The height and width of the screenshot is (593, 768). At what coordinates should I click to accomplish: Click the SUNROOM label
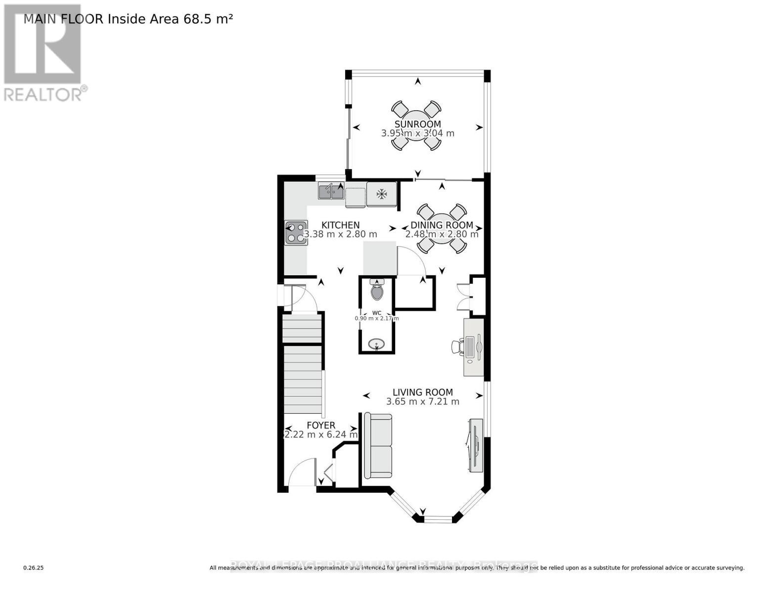tap(417, 124)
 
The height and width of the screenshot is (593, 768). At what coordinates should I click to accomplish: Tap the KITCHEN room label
tap(340, 225)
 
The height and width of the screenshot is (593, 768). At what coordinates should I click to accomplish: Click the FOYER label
tap(321, 425)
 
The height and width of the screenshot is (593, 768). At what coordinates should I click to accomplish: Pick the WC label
tap(377, 313)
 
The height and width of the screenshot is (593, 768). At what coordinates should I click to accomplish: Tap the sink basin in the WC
tap(377, 344)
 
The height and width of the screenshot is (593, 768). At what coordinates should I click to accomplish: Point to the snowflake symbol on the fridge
tap(381, 194)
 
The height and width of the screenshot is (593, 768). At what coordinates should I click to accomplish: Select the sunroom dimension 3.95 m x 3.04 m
tap(417, 133)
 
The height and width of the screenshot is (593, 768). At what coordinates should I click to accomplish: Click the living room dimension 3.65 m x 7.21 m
tap(422, 402)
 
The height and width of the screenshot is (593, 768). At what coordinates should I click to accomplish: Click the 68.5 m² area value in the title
tap(208, 19)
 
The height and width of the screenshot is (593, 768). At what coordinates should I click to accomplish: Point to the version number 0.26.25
tap(34, 568)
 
